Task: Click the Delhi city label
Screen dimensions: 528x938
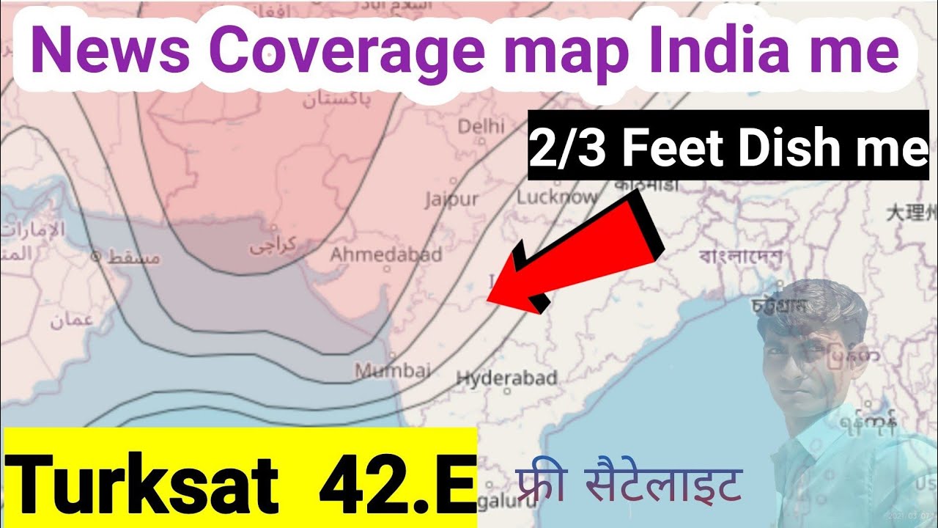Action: [481, 126]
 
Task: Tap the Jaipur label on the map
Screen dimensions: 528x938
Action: [451, 199]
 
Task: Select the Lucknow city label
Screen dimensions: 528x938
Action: [557, 197]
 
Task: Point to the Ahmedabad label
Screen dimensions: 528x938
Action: [386, 254]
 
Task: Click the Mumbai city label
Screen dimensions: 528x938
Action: [393, 370]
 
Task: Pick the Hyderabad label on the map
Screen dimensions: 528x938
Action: [506, 379]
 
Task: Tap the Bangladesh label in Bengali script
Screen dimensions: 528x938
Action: [740, 257]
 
